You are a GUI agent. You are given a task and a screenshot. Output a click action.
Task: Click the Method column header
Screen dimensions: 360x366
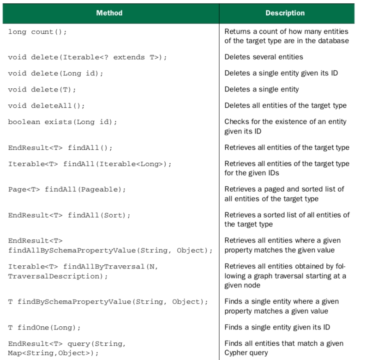tap(109, 13)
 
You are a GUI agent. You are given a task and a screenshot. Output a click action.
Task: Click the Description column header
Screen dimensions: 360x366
tap(285, 13)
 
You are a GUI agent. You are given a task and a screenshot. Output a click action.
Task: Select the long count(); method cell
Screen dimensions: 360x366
tap(37, 32)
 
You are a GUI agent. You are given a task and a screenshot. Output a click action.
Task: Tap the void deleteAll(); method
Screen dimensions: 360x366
tap(46, 105)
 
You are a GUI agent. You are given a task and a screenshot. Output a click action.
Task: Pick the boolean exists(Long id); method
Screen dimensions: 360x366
tap(62, 122)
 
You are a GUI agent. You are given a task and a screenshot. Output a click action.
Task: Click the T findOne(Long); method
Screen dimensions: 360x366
tap(44, 328)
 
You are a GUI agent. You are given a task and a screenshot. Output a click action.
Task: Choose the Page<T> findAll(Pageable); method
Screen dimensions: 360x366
tap(67, 189)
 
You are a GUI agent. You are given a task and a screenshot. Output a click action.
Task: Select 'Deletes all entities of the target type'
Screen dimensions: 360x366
tap(285, 105)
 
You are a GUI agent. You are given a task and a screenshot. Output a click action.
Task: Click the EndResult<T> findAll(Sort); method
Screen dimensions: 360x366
tap(69, 215)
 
